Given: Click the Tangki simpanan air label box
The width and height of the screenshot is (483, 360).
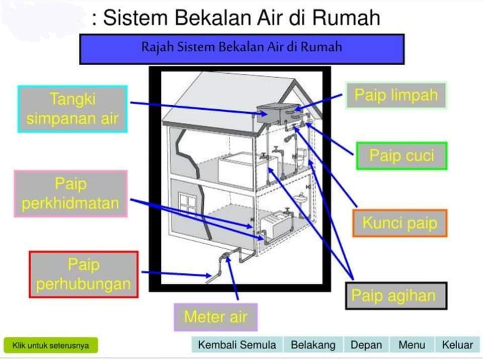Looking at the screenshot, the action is [x=72, y=109].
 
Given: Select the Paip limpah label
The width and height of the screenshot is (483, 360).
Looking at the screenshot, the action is [x=396, y=95].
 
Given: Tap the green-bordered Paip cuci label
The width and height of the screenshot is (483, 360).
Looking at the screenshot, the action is [x=401, y=156].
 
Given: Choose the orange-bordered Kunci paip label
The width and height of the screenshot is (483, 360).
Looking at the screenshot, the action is [x=400, y=223].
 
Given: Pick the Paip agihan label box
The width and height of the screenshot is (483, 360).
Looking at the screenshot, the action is [x=396, y=296].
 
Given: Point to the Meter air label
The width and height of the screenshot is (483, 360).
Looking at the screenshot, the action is [x=216, y=317].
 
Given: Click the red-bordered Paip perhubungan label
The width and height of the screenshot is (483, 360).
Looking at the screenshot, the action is [x=84, y=274].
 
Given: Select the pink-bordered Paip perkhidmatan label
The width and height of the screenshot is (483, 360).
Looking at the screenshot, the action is [x=70, y=193].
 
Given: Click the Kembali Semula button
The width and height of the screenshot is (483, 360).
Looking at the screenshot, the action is [x=237, y=344].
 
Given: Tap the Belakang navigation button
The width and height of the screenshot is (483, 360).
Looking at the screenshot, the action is [x=313, y=344].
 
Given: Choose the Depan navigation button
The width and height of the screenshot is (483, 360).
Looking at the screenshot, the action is [x=366, y=344].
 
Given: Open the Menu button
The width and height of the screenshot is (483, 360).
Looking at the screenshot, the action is [x=412, y=344].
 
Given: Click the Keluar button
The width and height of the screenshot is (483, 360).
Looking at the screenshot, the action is [x=457, y=344].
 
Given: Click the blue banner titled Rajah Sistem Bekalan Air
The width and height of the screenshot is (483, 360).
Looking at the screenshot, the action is [x=242, y=49].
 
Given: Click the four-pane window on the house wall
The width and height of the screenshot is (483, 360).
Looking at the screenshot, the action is [x=187, y=203].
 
